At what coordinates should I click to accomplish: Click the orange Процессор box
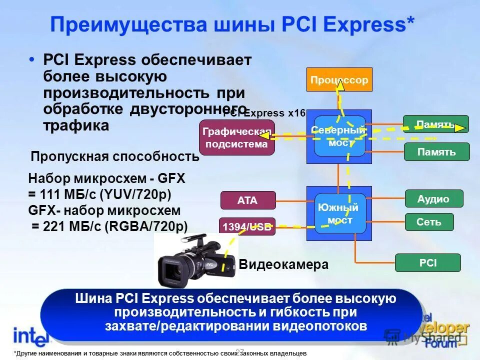pyautogui.click(x=339, y=79)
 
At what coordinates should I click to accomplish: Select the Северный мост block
pyautogui.click(x=339, y=136)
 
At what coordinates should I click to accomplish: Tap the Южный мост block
pyautogui.click(x=340, y=213)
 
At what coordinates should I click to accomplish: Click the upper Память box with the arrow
pyautogui.click(x=435, y=124)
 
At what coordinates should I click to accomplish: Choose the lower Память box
pyautogui.click(x=436, y=151)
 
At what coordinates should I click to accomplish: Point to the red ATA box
pyautogui.click(x=247, y=200)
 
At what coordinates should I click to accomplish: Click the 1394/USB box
pyautogui.click(x=247, y=227)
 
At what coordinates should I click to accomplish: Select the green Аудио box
pyautogui.click(x=433, y=198)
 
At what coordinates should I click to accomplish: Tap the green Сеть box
pyautogui.click(x=429, y=222)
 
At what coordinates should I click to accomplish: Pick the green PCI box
pyautogui.click(x=427, y=262)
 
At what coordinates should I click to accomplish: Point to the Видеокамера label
pyautogui.click(x=283, y=265)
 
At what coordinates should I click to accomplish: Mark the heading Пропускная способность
pyautogui.click(x=115, y=156)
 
